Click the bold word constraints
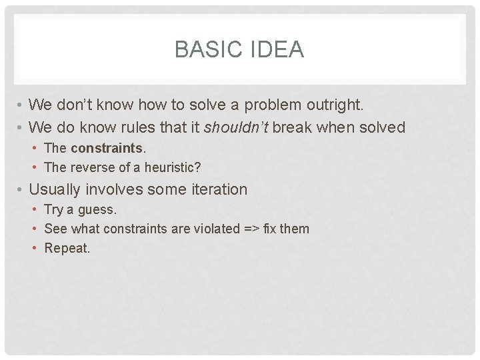(x=107, y=148)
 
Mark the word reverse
(x=93, y=167)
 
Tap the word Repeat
(x=67, y=249)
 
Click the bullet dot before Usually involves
(x=21, y=190)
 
